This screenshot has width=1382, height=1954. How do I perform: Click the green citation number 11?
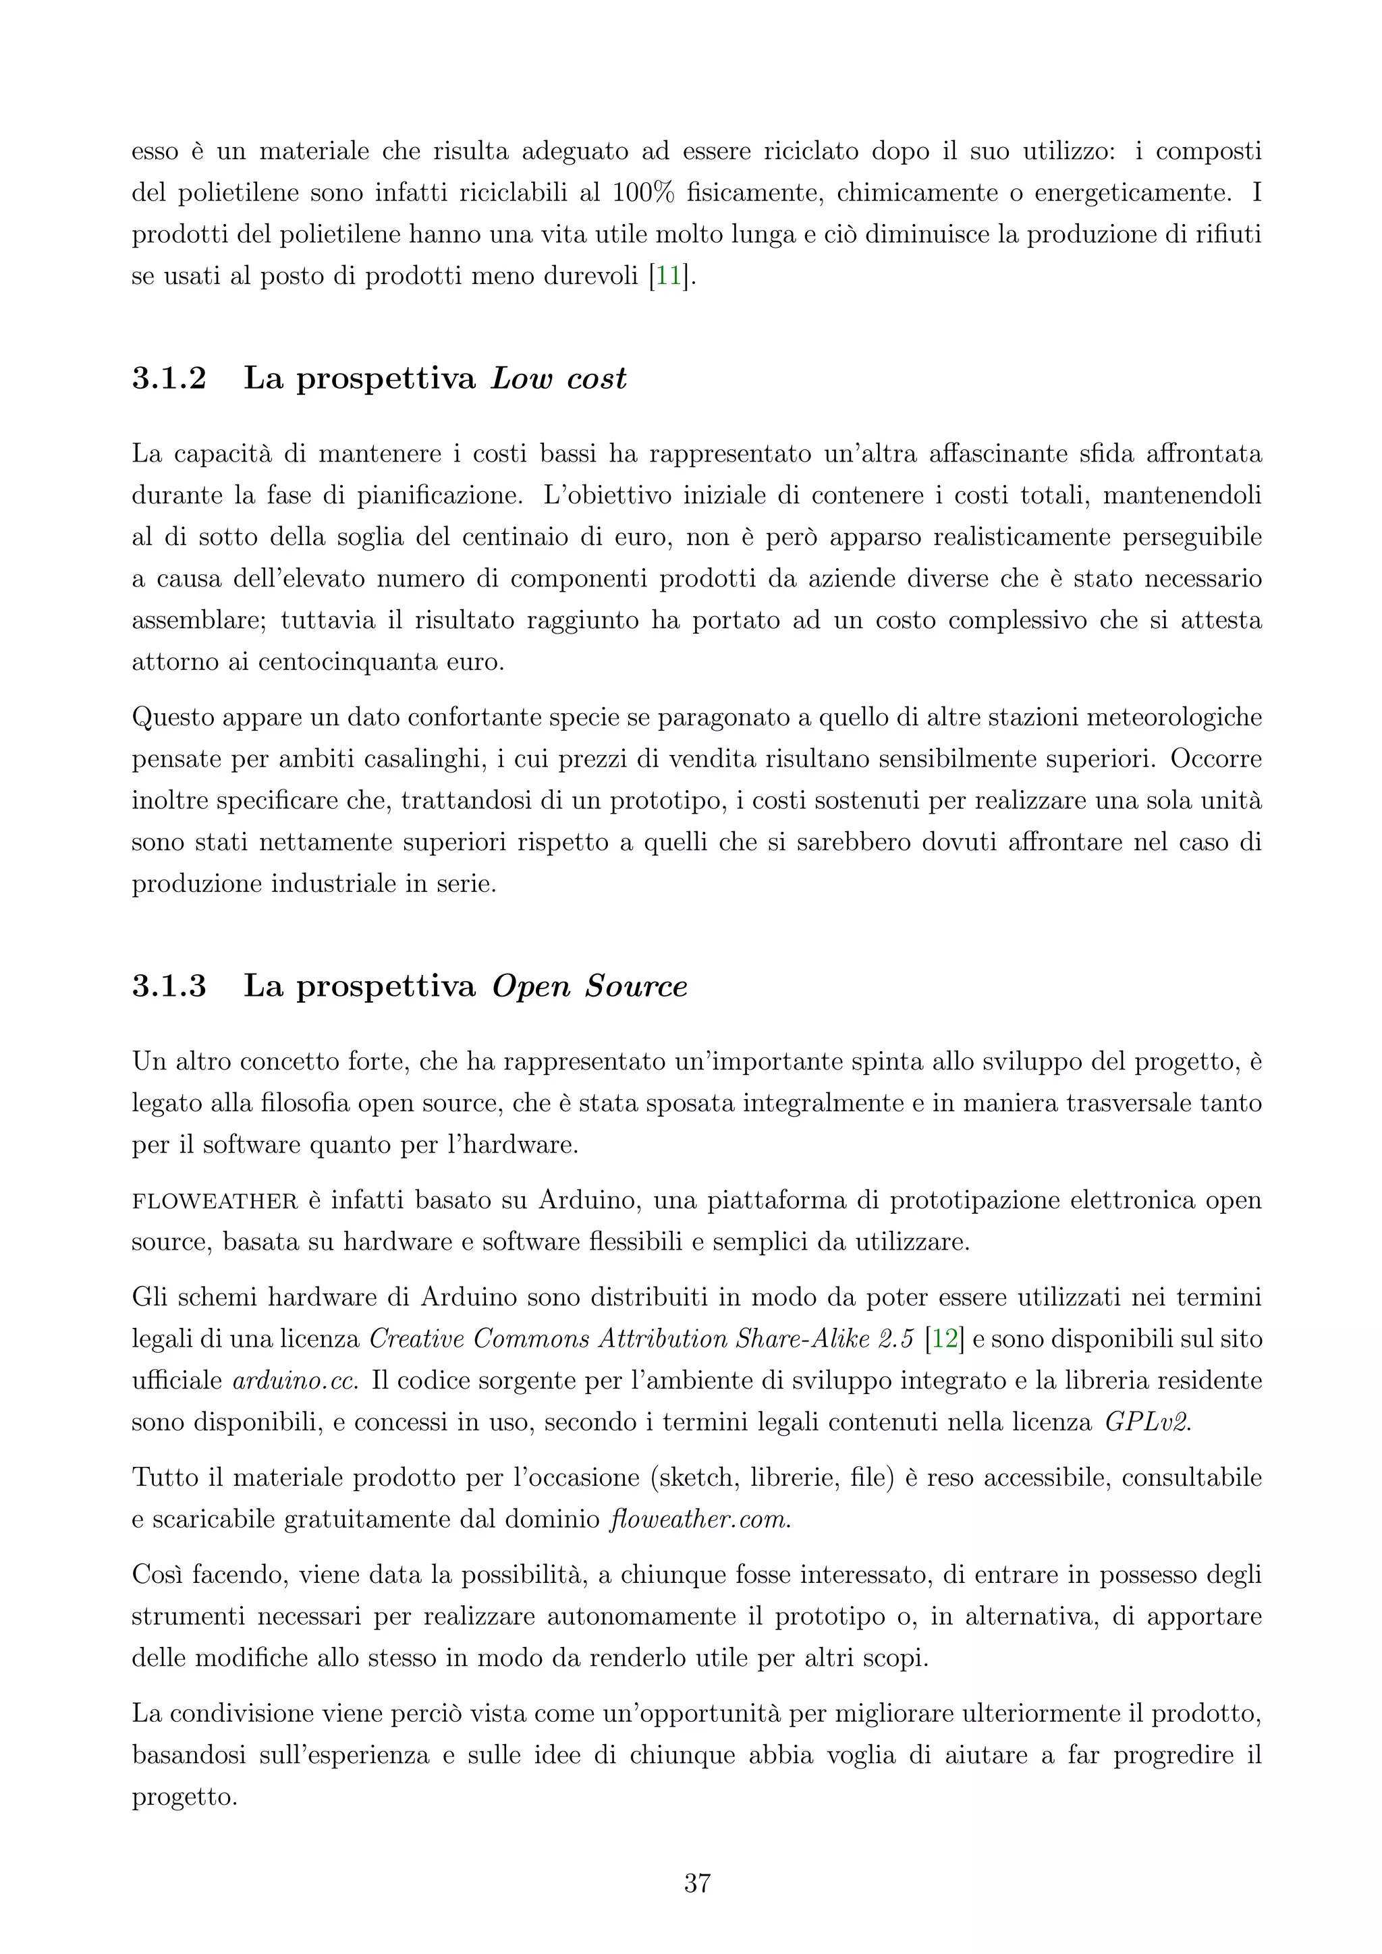(668, 277)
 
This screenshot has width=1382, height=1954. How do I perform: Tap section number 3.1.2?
(169, 378)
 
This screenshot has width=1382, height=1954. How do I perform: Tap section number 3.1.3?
(169, 986)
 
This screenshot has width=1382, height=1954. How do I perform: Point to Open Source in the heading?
(589, 986)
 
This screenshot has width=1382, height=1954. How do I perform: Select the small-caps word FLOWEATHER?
(215, 1201)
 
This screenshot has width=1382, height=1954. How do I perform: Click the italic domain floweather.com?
(700, 1519)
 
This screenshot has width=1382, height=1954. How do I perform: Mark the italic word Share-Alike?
(796, 1339)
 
